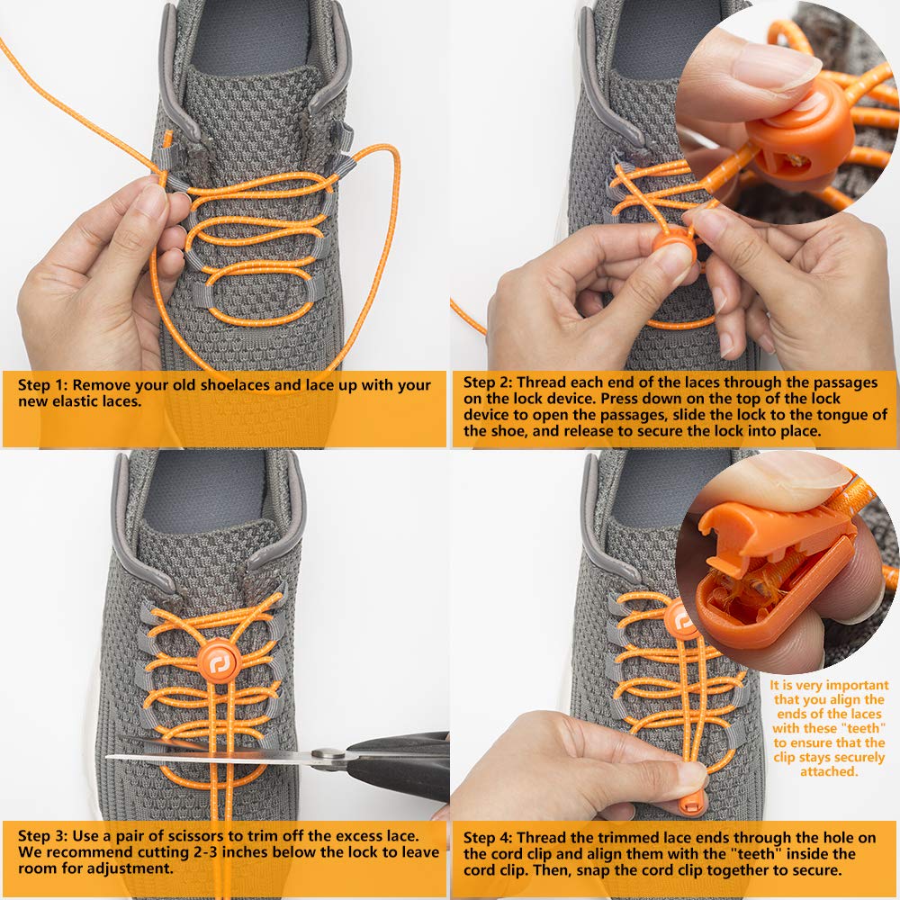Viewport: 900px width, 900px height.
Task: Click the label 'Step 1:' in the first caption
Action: pyautogui.click(x=42, y=385)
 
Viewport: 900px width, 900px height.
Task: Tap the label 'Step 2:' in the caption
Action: pyautogui.click(x=489, y=382)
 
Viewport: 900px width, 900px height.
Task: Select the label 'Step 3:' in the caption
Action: pyautogui.click(x=42, y=836)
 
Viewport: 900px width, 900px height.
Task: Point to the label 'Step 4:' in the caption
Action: pyautogui.click(x=489, y=838)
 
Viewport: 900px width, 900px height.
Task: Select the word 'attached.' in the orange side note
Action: pyautogui.click(x=829, y=771)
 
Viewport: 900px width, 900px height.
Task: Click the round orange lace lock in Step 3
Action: pyautogui.click(x=218, y=663)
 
